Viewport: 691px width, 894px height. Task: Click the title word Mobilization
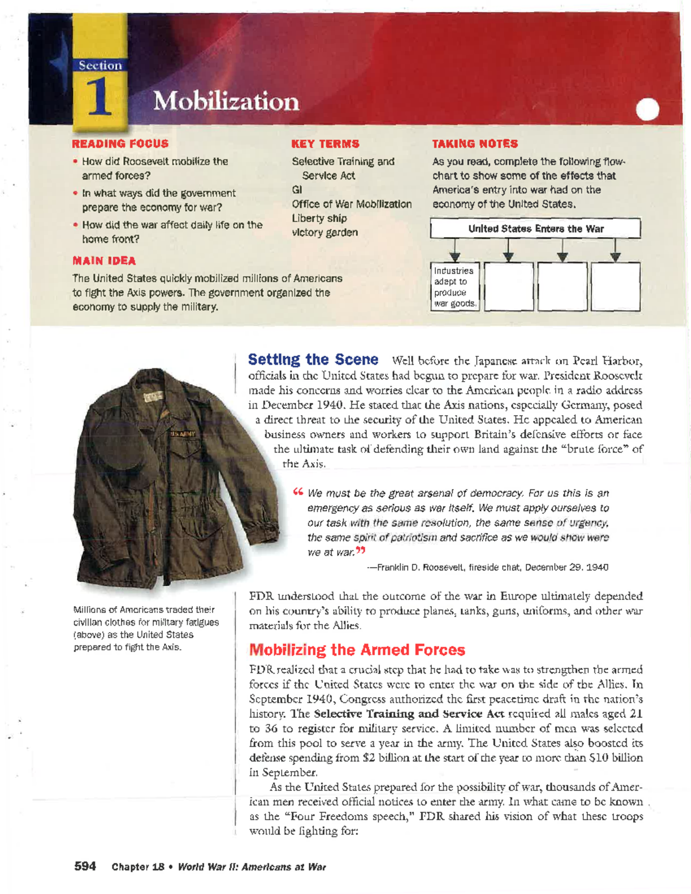[226, 101]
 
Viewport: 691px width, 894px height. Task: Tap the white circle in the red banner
[647, 109]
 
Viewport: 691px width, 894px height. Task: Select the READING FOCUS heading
[120, 144]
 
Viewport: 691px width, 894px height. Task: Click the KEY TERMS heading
[325, 144]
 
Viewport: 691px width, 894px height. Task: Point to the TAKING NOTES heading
[474, 144]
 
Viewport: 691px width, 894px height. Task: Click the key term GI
[297, 189]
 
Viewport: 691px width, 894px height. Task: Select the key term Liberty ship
[319, 218]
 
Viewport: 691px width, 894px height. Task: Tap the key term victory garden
[325, 233]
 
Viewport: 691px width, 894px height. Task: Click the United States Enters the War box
[535, 229]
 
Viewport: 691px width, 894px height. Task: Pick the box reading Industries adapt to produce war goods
[455, 287]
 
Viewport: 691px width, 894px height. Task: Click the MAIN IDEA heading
[104, 261]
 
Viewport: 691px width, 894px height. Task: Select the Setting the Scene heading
[313, 360]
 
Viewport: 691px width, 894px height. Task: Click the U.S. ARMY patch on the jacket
[183, 433]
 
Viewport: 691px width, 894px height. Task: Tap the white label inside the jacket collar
[153, 397]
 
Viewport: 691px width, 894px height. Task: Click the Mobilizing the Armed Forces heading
[356, 650]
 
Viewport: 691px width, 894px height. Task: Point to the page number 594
[85, 866]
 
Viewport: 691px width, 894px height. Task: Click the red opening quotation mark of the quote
[298, 492]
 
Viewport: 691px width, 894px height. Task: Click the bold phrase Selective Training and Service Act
[409, 714]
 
